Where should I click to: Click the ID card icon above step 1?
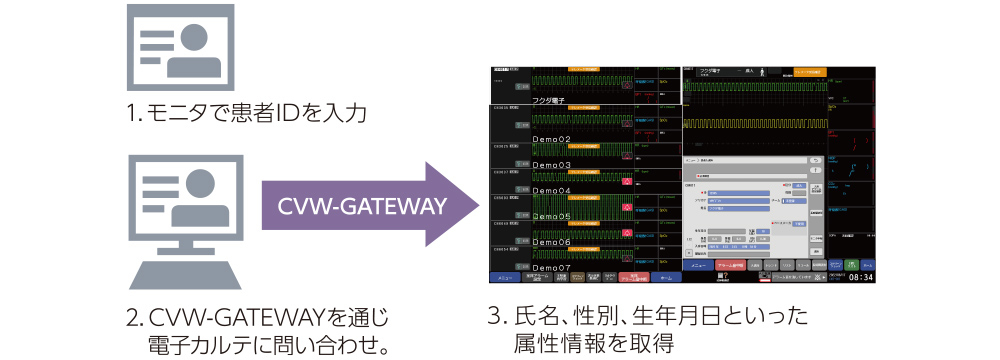coord(180,50)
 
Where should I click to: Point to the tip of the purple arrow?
coord(477,206)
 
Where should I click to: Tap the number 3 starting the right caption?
coord(493,318)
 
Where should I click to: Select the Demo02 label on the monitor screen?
coord(550,139)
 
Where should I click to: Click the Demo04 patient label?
coord(550,190)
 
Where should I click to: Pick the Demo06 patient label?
coord(550,242)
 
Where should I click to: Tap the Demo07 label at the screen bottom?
coord(550,268)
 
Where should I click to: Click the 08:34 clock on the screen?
coord(861,277)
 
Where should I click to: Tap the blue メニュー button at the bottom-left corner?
coord(506,277)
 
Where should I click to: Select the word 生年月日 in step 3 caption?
coord(680,318)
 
